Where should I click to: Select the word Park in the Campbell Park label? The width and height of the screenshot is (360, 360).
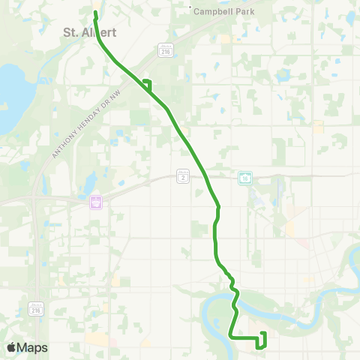click(x=244, y=12)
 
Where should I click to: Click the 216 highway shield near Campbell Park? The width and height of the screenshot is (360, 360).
click(x=166, y=49)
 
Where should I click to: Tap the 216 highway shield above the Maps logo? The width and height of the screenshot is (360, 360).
click(x=35, y=308)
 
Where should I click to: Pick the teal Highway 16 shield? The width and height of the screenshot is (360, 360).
click(x=245, y=177)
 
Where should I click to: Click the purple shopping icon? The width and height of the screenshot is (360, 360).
click(x=95, y=202)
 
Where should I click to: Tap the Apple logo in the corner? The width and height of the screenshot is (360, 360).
click(x=11, y=347)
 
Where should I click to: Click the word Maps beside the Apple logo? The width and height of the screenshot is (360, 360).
click(x=32, y=347)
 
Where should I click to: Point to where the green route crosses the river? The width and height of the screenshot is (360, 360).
click(x=235, y=304)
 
